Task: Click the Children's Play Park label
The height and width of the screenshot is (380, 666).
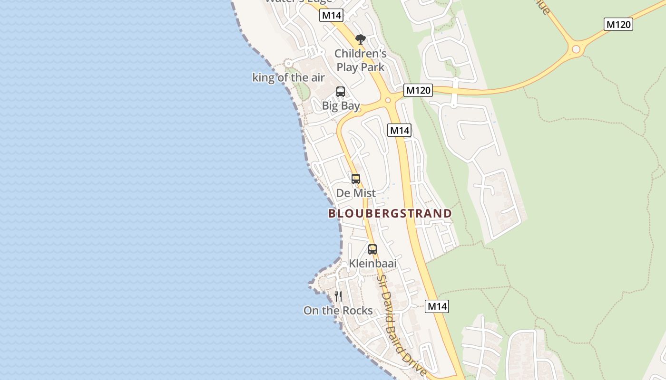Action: point(360,60)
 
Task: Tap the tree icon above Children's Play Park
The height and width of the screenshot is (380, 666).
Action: point(361,39)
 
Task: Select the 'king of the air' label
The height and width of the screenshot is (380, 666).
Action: point(288,77)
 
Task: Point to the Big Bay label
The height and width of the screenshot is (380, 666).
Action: point(341,105)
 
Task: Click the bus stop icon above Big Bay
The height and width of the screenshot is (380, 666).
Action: point(341,92)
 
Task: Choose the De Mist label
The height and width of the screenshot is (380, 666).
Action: point(356,193)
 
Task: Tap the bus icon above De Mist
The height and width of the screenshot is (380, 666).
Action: point(356,179)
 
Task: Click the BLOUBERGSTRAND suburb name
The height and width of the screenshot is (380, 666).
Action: point(390,213)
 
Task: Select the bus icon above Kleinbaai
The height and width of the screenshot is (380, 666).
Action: point(372,249)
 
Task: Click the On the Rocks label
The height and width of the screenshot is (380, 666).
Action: point(338,311)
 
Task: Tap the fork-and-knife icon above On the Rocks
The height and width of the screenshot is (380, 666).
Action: point(338,296)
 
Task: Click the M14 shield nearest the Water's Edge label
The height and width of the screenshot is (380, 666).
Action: point(331,15)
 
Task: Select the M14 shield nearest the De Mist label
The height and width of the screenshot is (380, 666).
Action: point(399,130)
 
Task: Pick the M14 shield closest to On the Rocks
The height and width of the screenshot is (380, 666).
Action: point(437,306)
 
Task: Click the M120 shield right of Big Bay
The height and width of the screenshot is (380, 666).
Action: point(418,90)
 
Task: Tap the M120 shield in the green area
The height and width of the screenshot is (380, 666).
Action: point(618,24)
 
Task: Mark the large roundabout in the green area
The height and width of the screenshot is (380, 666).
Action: point(576,49)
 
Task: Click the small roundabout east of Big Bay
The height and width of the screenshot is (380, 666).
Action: point(388,100)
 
